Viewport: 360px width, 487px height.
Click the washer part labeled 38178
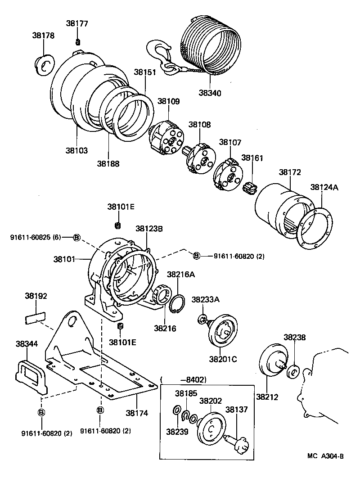coord(45,66)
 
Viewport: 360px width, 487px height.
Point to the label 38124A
coord(323,186)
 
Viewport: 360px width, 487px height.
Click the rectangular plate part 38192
coord(35,319)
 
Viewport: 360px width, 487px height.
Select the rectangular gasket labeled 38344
coord(29,374)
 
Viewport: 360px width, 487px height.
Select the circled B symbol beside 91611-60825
coord(76,237)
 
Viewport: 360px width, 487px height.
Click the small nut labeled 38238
coord(293,372)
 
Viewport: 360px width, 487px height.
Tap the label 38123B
coord(149,229)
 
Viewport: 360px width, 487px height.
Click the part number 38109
coord(168,102)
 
